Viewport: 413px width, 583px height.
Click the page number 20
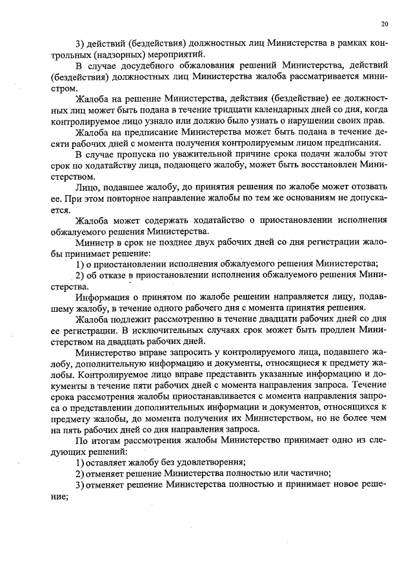point(385,24)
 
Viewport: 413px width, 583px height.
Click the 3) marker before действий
point(81,43)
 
